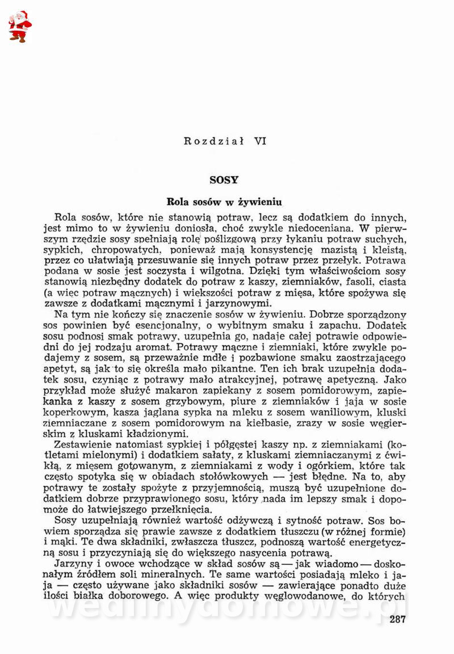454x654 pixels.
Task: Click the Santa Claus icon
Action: click(x=20, y=26)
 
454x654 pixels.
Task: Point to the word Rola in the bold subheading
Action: click(x=176, y=202)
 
